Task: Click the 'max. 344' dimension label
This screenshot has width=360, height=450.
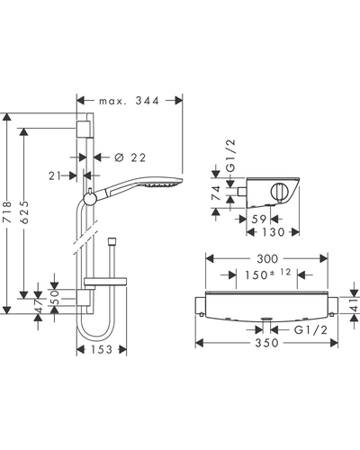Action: click(x=129, y=101)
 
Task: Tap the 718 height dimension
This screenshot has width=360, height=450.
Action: click(x=7, y=212)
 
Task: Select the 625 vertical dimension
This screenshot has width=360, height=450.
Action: click(x=25, y=212)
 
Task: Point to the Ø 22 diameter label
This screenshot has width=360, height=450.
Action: click(x=130, y=157)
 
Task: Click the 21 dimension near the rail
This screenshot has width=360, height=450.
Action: click(x=55, y=176)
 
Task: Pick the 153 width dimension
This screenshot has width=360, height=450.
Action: click(x=101, y=349)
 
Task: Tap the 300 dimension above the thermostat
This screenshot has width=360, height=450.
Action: click(x=267, y=258)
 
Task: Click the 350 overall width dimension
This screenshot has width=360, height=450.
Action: click(x=266, y=343)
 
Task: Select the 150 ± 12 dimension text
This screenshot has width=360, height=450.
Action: click(x=268, y=274)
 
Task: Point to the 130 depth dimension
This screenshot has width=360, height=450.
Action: click(x=273, y=232)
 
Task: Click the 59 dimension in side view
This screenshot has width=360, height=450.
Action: click(x=258, y=220)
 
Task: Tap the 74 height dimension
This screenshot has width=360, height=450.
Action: click(x=216, y=193)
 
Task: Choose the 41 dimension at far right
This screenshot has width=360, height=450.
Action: click(x=355, y=304)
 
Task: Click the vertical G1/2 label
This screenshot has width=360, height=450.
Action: click(x=230, y=156)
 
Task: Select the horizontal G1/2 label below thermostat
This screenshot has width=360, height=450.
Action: click(x=310, y=330)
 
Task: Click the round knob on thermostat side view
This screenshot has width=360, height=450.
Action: click(x=279, y=191)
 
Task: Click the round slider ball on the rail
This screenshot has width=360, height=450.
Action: click(x=90, y=199)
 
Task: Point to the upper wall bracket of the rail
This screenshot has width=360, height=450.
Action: click(x=84, y=129)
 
